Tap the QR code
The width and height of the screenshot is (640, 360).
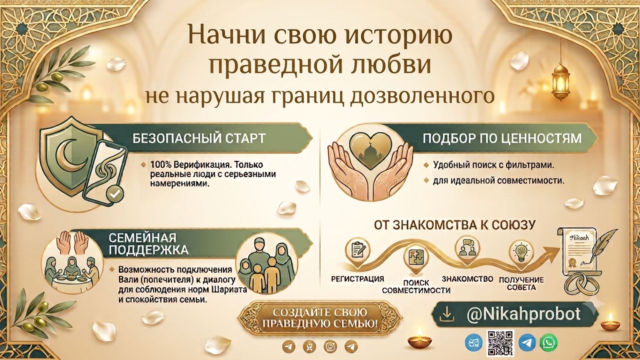(x=500, y=343)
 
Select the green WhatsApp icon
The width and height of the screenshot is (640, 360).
(x=549, y=342)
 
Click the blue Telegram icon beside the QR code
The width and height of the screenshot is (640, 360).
(x=528, y=343)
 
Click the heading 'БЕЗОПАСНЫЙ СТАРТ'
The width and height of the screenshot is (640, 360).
(x=199, y=138)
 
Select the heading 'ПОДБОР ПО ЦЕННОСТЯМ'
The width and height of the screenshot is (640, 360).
(x=502, y=138)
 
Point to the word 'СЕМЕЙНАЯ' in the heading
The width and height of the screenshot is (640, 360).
(x=142, y=238)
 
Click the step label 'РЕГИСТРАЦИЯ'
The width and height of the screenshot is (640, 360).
(x=358, y=279)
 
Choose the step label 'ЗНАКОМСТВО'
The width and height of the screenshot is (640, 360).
(x=467, y=279)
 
